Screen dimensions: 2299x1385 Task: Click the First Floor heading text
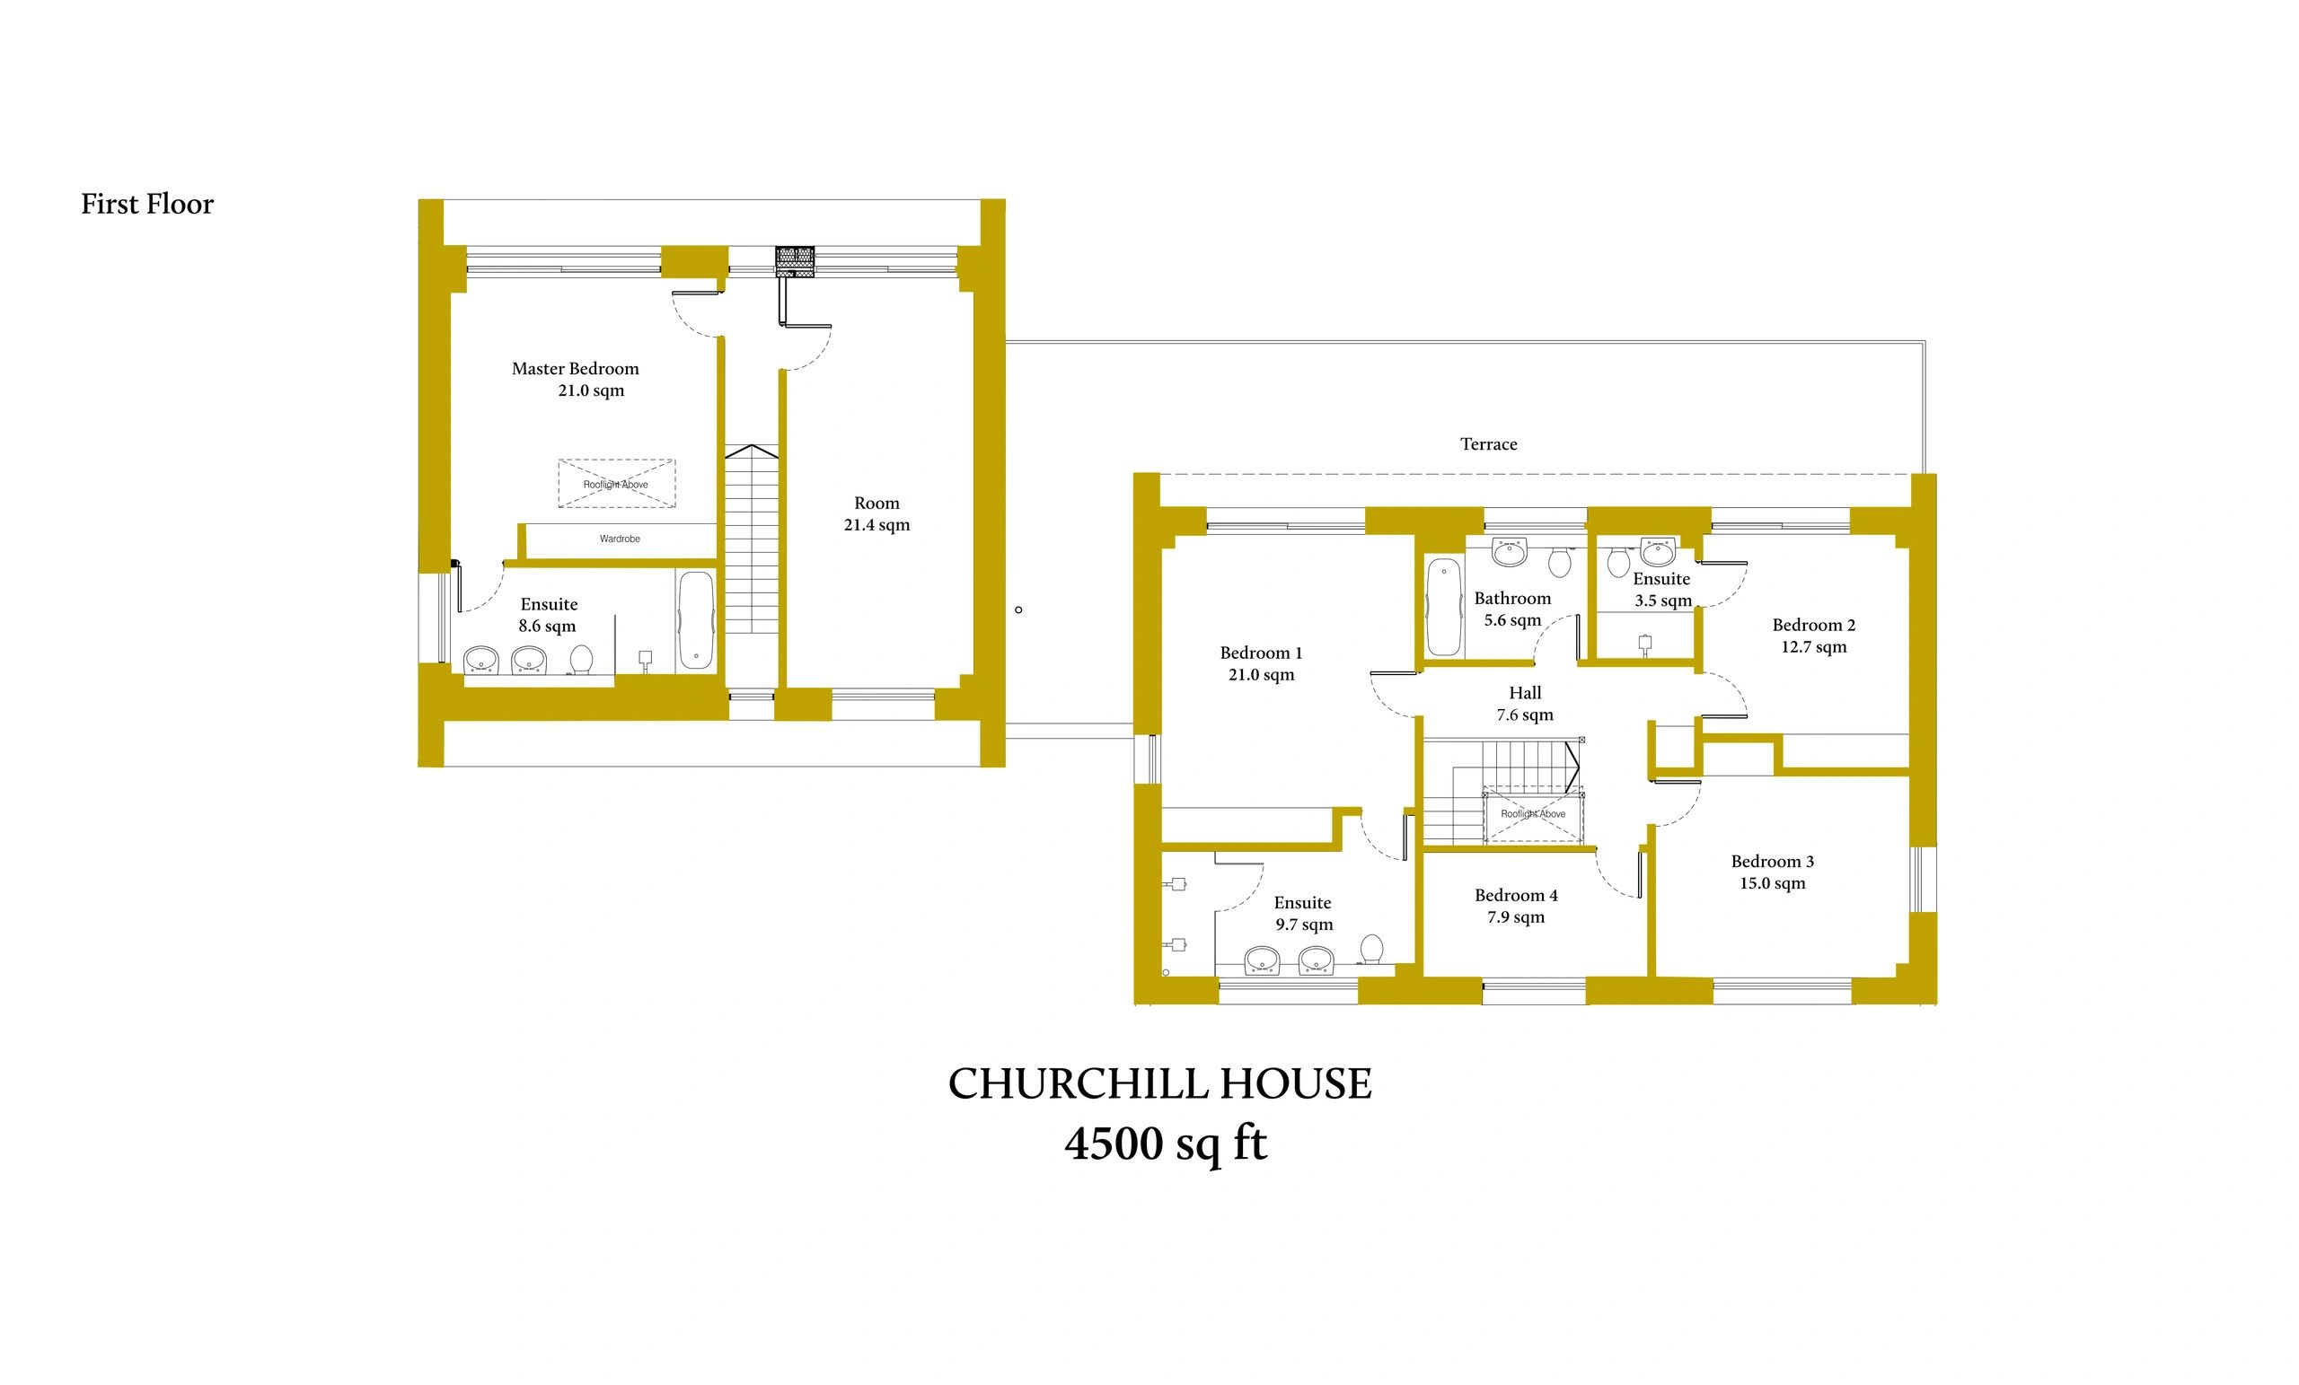click(147, 205)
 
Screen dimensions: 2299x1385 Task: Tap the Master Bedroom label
click(575, 369)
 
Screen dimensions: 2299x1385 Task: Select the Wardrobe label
click(620, 539)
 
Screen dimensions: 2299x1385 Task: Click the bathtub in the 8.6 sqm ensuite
click(696, 620)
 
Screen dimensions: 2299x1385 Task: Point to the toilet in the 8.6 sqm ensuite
click(581, 660)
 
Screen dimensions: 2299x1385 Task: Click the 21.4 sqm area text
click(877, 525)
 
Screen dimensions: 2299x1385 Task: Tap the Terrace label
click(1488, 444)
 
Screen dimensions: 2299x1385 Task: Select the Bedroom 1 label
click(1261, 653)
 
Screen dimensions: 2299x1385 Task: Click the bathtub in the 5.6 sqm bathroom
click(1443, 606)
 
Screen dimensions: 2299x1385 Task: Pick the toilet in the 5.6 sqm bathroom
click(1558, 562)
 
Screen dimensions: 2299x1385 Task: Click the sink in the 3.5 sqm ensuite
click(1657, 552)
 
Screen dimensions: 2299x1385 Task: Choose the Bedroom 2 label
click(1814, 625)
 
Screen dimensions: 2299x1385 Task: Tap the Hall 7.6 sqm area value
click(1525, 715)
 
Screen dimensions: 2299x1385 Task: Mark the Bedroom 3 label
click(1772, 862)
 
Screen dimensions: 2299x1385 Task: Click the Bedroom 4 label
click(1516, 895)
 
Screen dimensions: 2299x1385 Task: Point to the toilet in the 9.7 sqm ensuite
click(1371, 950)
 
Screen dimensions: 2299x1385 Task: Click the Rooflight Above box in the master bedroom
click(617, 483)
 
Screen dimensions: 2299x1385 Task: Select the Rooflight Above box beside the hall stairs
click(1533, 814)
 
